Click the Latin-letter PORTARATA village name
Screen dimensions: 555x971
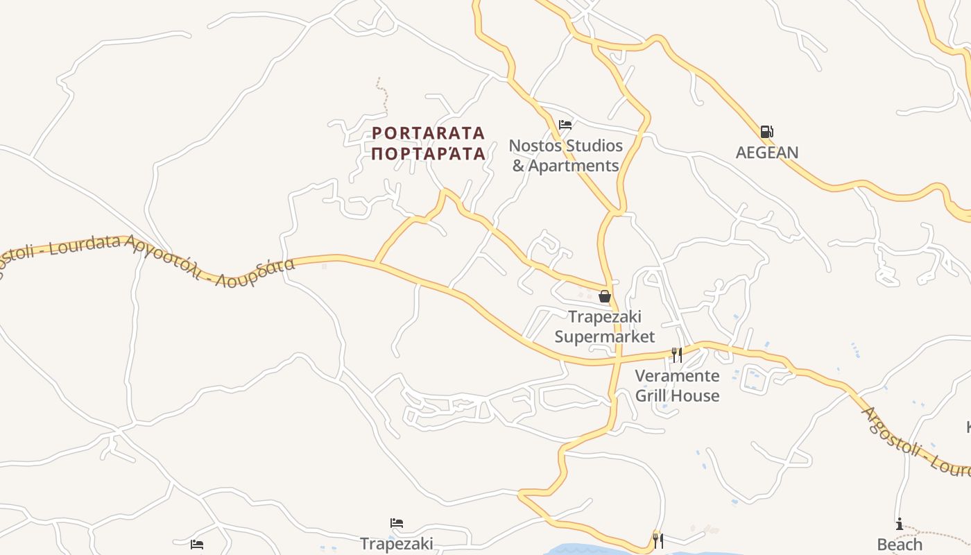click(x=428, y=133)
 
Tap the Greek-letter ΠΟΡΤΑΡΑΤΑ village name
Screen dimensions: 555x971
click(x=428, y=153)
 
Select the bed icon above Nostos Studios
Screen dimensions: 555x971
click(x=565, y=125)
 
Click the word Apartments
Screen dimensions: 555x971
click(x=573, y=166)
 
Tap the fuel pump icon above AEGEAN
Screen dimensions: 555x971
click(x=766, y=132)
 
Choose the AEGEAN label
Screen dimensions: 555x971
click(x=766, y=153)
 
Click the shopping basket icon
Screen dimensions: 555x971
click(x=605, y=296)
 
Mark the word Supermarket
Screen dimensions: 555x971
click(x=605, y=337)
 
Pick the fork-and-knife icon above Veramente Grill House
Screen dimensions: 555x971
click(x=677, y=355)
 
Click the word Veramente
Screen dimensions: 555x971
click(x=678, y=376)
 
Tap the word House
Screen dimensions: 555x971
click(x=697, y=396)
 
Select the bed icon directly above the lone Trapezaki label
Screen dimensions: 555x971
click(x=397, y=523)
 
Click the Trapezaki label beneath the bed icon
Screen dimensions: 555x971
click(x=397, y=543)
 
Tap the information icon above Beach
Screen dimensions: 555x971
click(x=900, y=524)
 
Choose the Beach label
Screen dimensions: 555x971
click(x=900, y=545)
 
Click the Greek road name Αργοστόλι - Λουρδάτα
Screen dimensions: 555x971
click(x=212, y=262)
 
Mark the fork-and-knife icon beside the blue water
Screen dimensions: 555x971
click(x=658, y=540)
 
